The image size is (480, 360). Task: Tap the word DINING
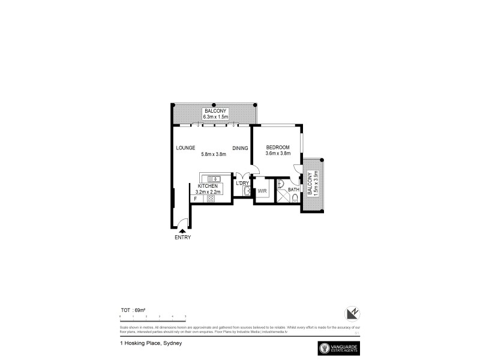240,148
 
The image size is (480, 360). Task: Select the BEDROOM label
278,148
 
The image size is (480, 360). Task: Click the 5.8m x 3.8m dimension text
213,154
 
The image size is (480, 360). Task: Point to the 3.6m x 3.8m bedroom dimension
278,154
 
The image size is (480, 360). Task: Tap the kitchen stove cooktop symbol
211,198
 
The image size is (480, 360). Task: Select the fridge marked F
196,198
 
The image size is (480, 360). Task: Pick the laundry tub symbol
247,191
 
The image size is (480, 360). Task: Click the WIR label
262,191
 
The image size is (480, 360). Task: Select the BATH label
293,190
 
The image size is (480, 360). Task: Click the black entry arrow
182,229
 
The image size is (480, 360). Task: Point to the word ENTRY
182,238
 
